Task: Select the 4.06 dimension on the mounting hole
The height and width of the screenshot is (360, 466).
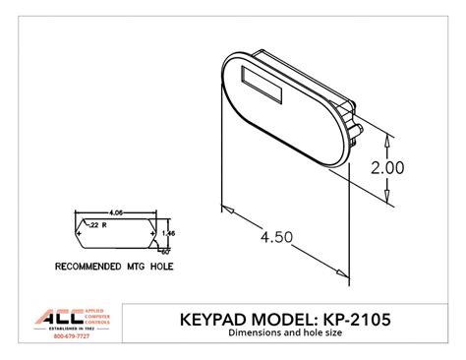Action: pyautogui.click(x=115, y=211)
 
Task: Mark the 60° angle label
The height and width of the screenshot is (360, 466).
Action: pyautogui.click(x=162, y=252)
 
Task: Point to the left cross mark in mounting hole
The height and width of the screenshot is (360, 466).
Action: pyautogui.click(x=82, y=232)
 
